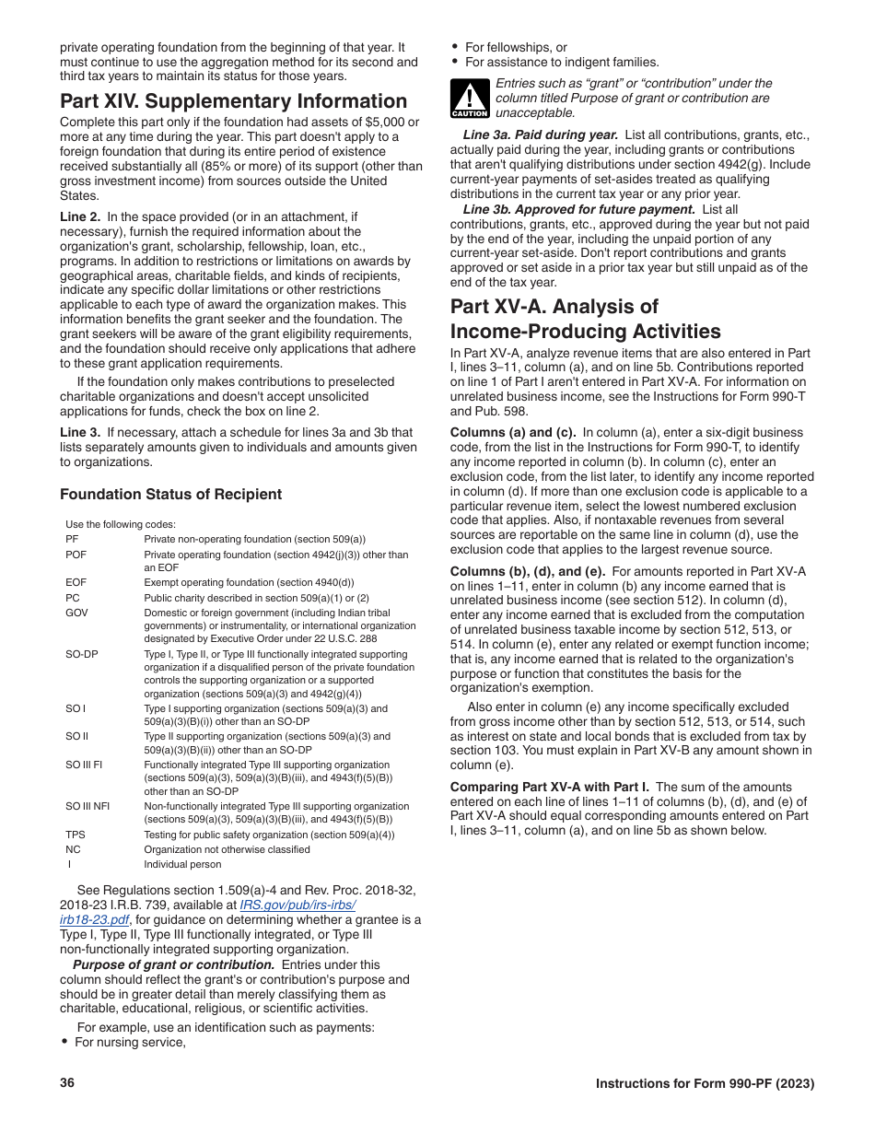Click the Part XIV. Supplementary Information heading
[x=233, y=101]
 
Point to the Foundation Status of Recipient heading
[x=170, y=495]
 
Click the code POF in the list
[x=76, y=555]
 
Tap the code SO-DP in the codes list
[x=81, y=655]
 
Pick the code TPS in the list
[x=76, y=835]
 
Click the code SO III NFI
[x=87, y=806]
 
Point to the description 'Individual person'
[x=182, y=864]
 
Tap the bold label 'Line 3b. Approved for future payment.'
[x=578, y=209]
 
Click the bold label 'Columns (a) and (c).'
[x=512, y=432]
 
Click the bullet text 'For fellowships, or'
[x=516, y=48]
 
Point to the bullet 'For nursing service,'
[x=130, y=1042]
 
